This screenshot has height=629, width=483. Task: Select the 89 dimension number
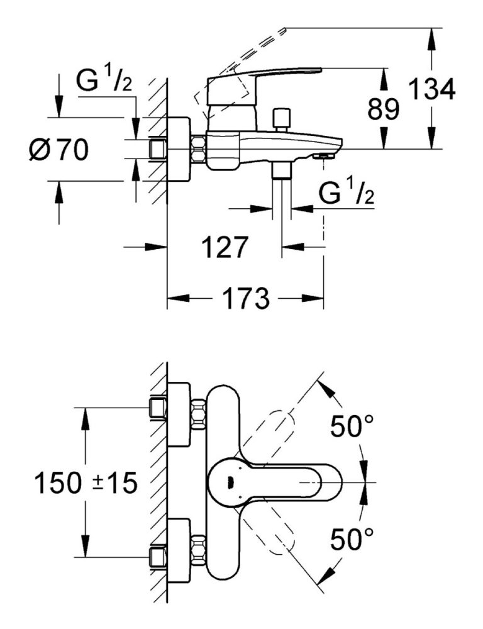(383, 110)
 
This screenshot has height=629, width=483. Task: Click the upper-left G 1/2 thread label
(104, 82)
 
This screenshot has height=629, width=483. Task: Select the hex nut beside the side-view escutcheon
(199, 150)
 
